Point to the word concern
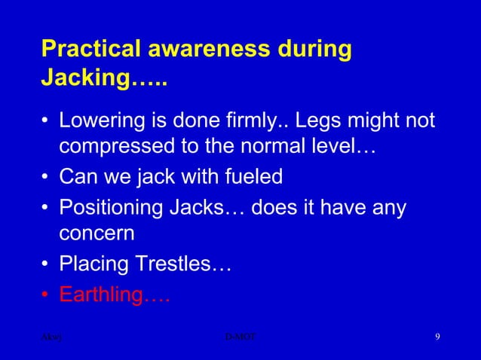pos(97,233)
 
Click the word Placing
pos(93,265)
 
